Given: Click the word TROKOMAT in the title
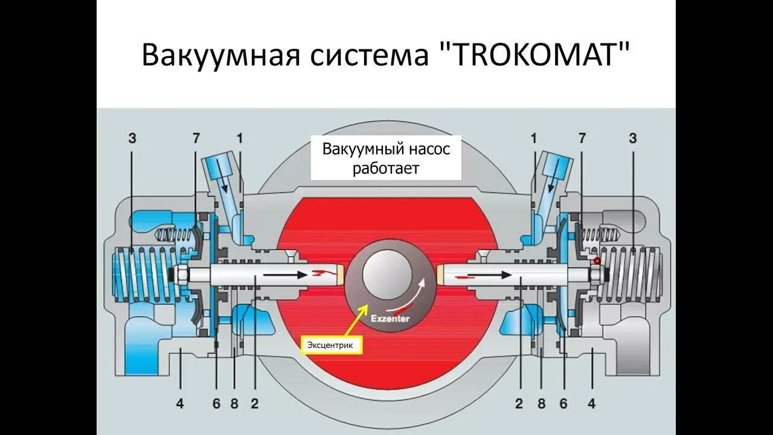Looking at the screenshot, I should (x=534, y=55).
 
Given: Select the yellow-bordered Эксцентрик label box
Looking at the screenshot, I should (x=332, y=345).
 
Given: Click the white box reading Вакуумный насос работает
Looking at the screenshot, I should (x=386, y=158).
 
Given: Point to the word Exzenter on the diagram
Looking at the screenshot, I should (x=390, y=318).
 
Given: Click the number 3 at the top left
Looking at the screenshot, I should (x=132, y=138).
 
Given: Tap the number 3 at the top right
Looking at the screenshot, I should (x=632, y=138).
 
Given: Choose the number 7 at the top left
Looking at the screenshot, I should (x=196, y=138).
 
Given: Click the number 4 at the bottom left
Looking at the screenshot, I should (x=179, y=404).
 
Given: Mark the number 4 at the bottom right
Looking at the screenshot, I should (x=592, y=404).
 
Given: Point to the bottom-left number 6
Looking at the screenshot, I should (x=216, y=404).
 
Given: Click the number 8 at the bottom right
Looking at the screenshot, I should (x=541, y=404).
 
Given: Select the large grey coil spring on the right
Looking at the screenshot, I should (x=631, y=275).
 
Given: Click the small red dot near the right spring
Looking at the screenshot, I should (x=597, y=261).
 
